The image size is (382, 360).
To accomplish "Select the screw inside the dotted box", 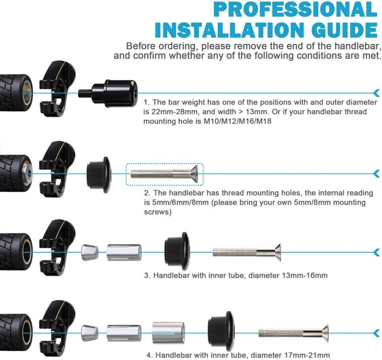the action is [x=164, y=174].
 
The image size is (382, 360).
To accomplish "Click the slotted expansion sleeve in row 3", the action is [x=124, y=253].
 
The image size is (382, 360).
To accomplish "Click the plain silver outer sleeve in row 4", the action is [x=169, y=333].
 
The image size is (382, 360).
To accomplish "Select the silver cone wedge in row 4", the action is [x=90, y=333].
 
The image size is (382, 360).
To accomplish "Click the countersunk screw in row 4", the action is [x=293, y=333].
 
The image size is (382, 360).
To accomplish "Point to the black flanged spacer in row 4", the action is [x=221, y=331].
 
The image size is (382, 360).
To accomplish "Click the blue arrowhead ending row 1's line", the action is [x=377, y=93].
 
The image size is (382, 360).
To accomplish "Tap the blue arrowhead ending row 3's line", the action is [x=377, y=253].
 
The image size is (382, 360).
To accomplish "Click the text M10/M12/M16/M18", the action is [x=237, y=121].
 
